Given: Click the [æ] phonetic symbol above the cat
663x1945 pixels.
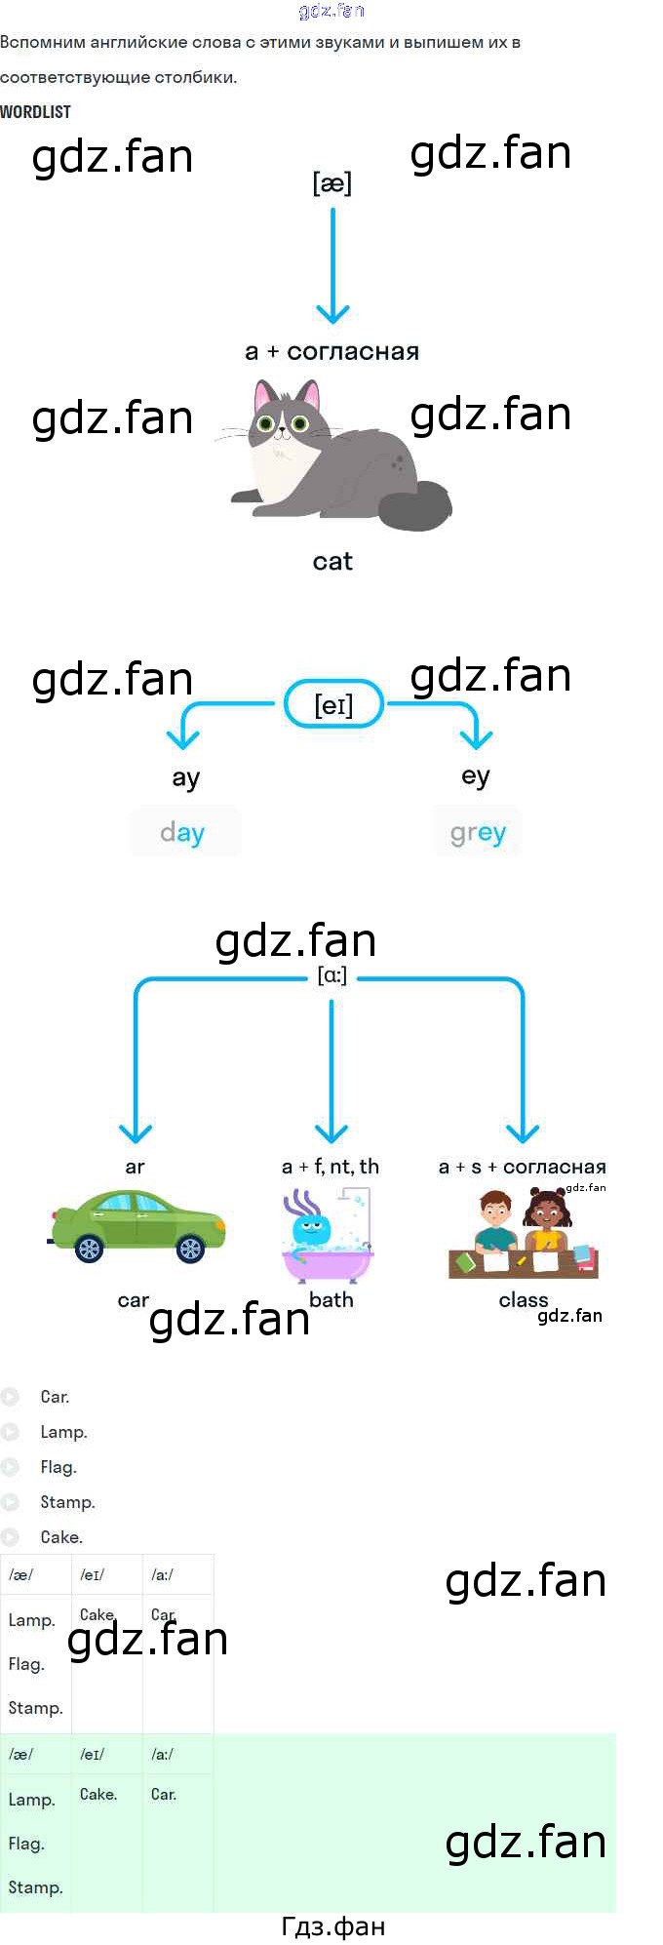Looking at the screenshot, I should point(331,183).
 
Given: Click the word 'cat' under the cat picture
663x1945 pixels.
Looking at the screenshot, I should point(332,562).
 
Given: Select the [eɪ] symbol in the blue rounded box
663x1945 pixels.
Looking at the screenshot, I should point(333,705).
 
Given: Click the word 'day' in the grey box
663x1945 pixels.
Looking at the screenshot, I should point(182,832).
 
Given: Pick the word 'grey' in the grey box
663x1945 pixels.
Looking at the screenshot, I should point(478,832).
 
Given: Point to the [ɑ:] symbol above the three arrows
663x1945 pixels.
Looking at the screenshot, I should point(331,975).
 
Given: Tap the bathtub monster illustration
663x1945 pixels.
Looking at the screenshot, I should point(328,1235).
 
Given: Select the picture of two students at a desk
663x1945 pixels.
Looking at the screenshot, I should point(524,1234).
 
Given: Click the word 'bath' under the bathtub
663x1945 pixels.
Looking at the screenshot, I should point(331,1300).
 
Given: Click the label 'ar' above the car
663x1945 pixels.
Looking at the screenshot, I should point(135,1168).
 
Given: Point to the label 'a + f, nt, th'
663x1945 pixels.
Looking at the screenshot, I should point(331,1167).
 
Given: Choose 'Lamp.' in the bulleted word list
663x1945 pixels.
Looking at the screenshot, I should point(64,1432).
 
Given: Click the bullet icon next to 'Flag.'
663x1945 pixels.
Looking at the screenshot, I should point(11,1467).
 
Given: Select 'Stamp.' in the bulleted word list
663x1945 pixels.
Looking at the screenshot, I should point(67,1502).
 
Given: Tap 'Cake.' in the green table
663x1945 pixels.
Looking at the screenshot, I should point(98,1794).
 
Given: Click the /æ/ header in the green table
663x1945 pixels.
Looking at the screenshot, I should point(20,1754).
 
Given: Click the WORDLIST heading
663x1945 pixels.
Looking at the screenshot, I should point(36,112).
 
